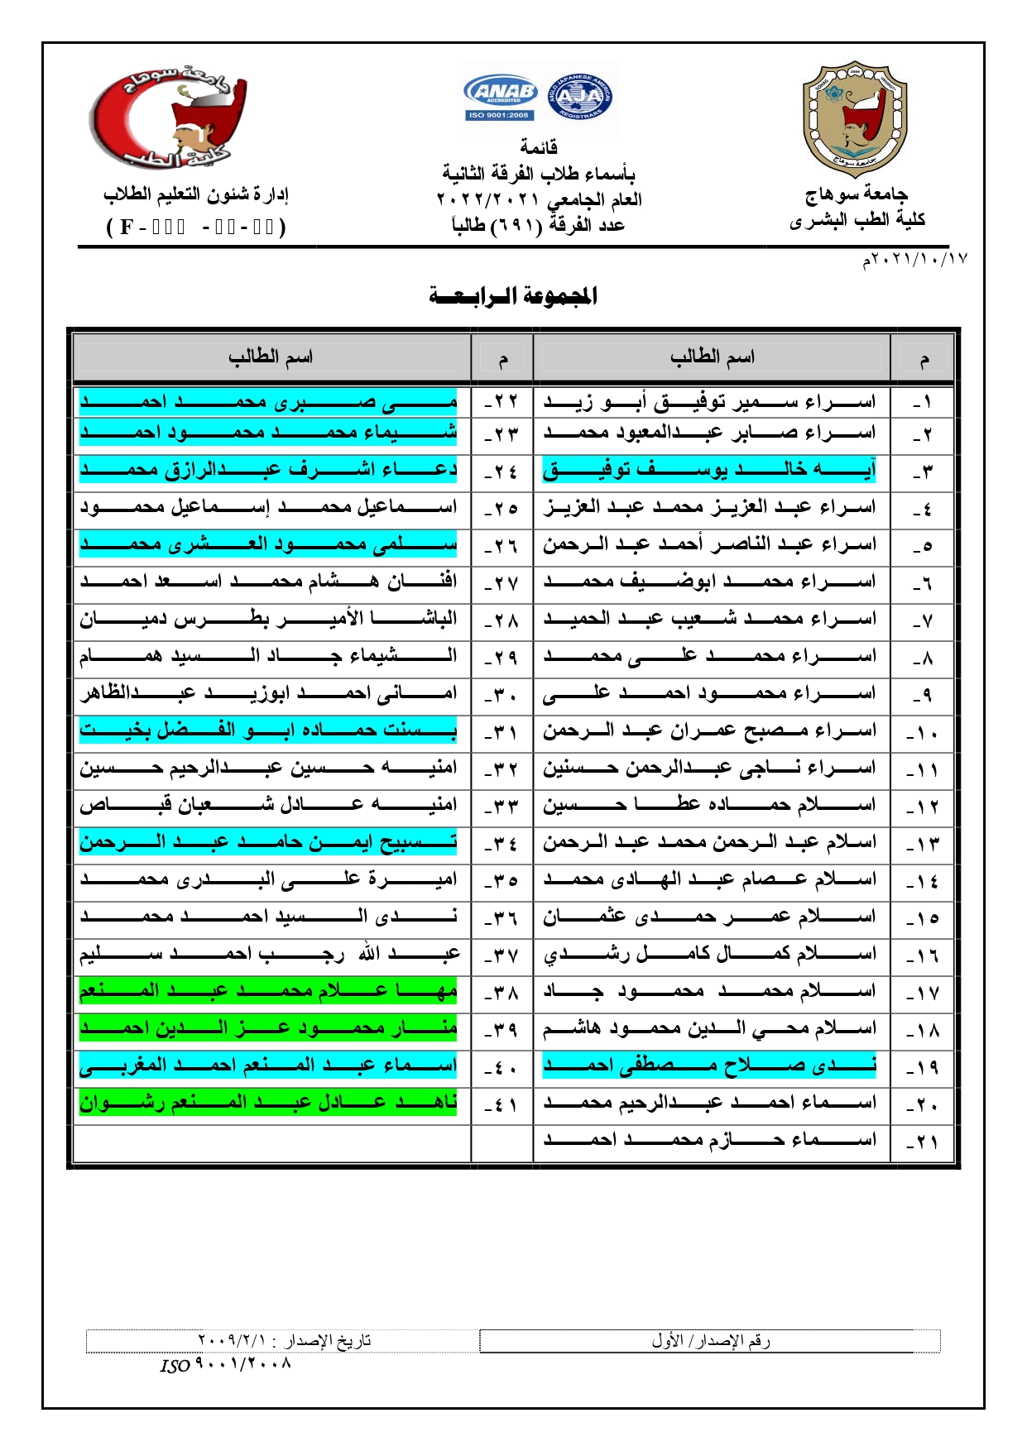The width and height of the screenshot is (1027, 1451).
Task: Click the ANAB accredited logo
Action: (502, 97)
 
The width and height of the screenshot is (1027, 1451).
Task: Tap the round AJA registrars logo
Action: (580, 97)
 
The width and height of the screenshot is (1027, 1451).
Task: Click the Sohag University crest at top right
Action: (855, 118)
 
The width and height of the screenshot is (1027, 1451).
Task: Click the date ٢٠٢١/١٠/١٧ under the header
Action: (914, 260)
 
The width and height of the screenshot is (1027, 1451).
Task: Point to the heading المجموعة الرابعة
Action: (513, 296)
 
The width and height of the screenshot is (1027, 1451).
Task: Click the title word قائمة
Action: (539, 147)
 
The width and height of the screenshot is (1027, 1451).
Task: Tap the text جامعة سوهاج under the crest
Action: (857, 195)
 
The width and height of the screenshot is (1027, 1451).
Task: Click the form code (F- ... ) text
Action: (196, 227)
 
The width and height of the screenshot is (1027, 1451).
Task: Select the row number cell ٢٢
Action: (502, 402)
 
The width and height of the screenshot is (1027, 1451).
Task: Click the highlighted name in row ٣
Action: (709, 470)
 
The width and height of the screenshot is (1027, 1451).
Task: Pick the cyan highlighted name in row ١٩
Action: (709, 1066)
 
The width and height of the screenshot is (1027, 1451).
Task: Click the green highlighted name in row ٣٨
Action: (268, 990)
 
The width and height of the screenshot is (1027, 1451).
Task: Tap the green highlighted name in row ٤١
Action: (268, 1103)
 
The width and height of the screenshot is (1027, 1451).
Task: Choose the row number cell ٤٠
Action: (502, 1066)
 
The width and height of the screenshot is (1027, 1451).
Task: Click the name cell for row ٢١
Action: (709, 1140)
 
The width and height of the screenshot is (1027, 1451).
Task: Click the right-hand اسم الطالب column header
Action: (712, 357)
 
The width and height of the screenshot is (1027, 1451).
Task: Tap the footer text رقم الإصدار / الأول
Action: (710, 1341)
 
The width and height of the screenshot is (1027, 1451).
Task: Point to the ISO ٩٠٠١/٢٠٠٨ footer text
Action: (226, 1364)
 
